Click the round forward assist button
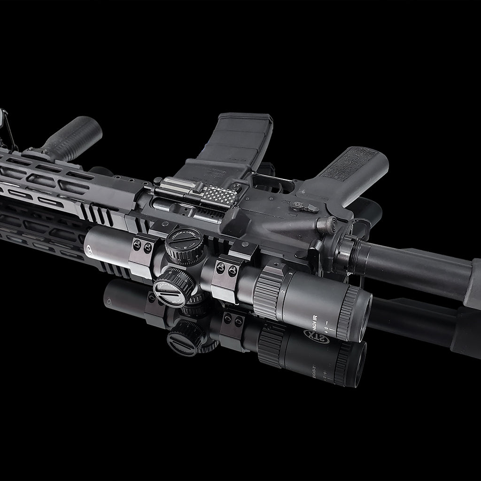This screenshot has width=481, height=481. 326,226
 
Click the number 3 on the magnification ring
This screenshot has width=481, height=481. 291,275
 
